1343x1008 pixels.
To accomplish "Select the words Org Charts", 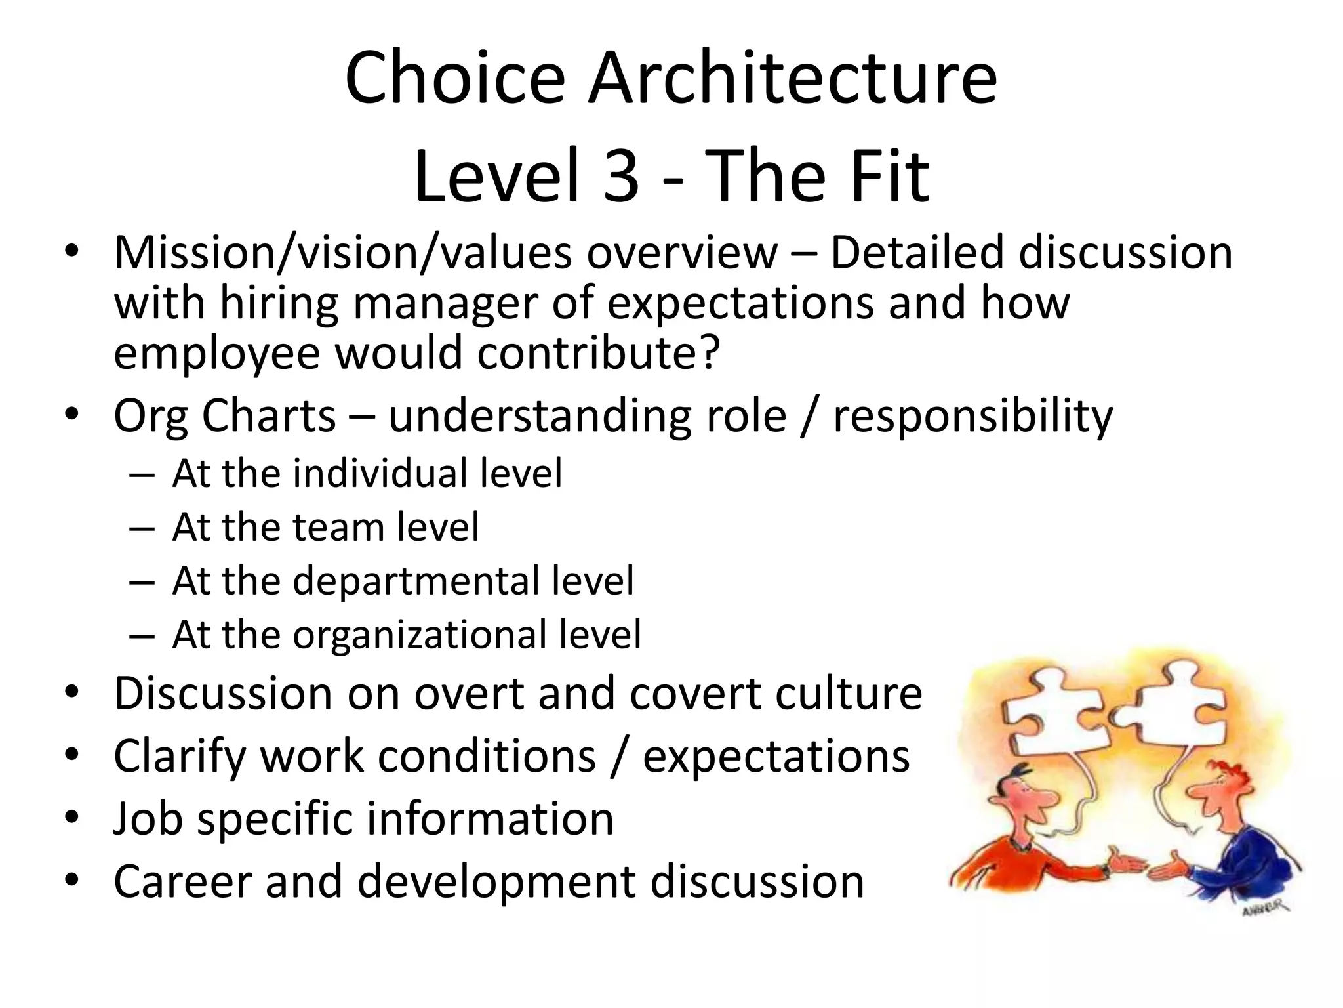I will point(224,416).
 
